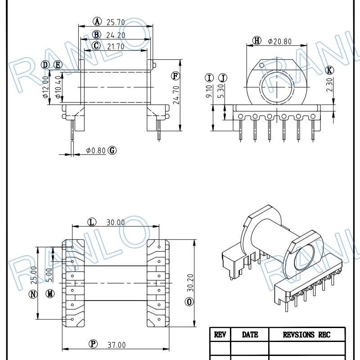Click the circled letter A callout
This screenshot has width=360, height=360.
98,21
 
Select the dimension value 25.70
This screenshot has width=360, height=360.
116,22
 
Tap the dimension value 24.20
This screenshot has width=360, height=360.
116,35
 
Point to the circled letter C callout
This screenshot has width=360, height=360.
96,46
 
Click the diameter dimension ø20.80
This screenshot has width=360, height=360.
279,41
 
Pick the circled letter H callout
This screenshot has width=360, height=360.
257,41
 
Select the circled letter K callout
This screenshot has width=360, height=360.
330,70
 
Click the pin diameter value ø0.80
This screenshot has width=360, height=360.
96,150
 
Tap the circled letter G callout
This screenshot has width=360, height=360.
112,150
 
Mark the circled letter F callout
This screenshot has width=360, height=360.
175,75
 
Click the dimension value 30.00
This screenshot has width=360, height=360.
116,222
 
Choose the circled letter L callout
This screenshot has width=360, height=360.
92,222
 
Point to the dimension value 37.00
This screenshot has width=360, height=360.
116,345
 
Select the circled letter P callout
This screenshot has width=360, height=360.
93,344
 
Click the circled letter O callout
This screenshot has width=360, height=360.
189,301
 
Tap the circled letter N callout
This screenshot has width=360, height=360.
33,294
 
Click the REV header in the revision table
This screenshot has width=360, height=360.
220,334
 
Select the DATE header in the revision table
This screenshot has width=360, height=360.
250,334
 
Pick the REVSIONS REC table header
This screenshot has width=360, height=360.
306,334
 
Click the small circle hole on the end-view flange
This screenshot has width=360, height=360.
261,66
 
